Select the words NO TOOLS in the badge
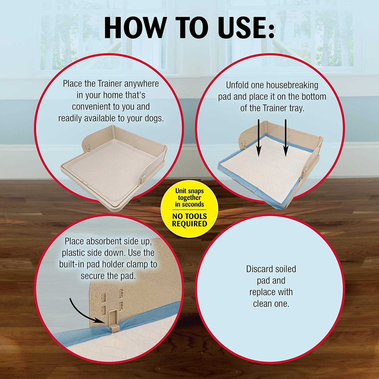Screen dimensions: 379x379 pos(189,216)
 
